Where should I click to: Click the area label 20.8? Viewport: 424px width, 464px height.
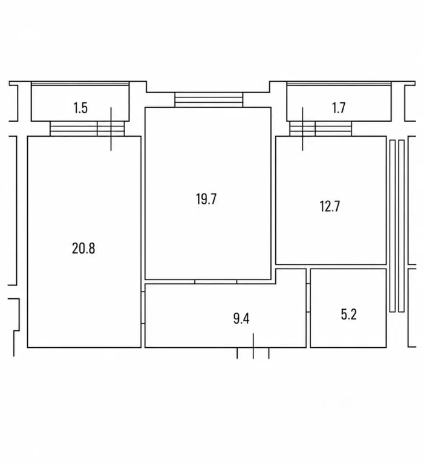83,248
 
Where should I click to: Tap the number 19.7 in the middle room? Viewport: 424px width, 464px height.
206,199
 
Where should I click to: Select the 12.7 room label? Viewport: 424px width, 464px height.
330,206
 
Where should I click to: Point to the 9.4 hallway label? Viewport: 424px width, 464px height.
241,319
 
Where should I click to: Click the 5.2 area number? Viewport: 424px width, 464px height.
348,314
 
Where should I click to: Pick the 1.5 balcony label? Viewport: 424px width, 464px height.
80,108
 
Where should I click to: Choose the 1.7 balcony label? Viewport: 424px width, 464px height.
339,108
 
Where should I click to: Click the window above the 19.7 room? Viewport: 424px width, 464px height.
209,100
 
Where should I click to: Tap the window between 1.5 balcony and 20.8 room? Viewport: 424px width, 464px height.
87,129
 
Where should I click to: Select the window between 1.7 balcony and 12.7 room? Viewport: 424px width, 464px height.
321,129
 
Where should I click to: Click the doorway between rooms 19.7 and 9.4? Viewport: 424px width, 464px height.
216,281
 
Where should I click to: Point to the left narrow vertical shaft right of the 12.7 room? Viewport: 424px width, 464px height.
393,226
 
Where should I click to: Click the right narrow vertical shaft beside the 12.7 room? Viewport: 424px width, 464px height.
401,226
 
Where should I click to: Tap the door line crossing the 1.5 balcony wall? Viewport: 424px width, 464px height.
111,129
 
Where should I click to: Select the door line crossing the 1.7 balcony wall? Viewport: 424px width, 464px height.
302,129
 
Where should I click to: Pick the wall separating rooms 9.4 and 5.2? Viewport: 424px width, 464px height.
308,308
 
